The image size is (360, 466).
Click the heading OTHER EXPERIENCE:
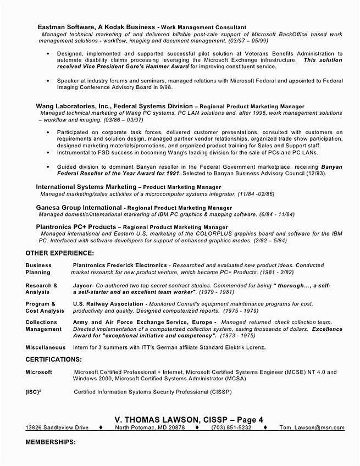(59, 253)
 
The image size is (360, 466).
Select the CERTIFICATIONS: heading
(54, 359)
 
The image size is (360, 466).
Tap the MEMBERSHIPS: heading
(51, 441)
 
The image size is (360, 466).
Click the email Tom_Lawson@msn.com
(312, 428)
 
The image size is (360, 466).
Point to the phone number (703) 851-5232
(231, 428)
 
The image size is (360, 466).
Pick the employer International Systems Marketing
(86, 187)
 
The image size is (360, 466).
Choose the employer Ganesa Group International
(79, 208)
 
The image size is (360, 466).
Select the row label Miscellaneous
(46, 347)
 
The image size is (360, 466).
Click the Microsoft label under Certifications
(38, 372)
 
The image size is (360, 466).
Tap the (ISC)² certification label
(34, 392)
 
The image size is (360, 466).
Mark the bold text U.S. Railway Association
(108, 303)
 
